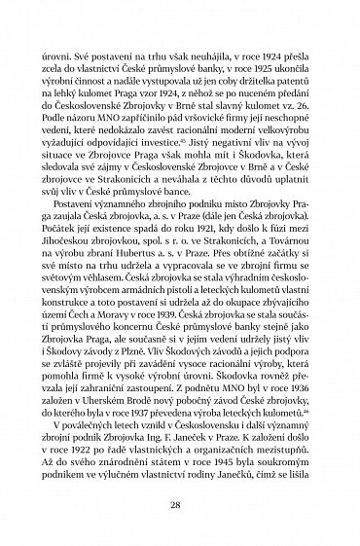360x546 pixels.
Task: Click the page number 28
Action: click(180, 505)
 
